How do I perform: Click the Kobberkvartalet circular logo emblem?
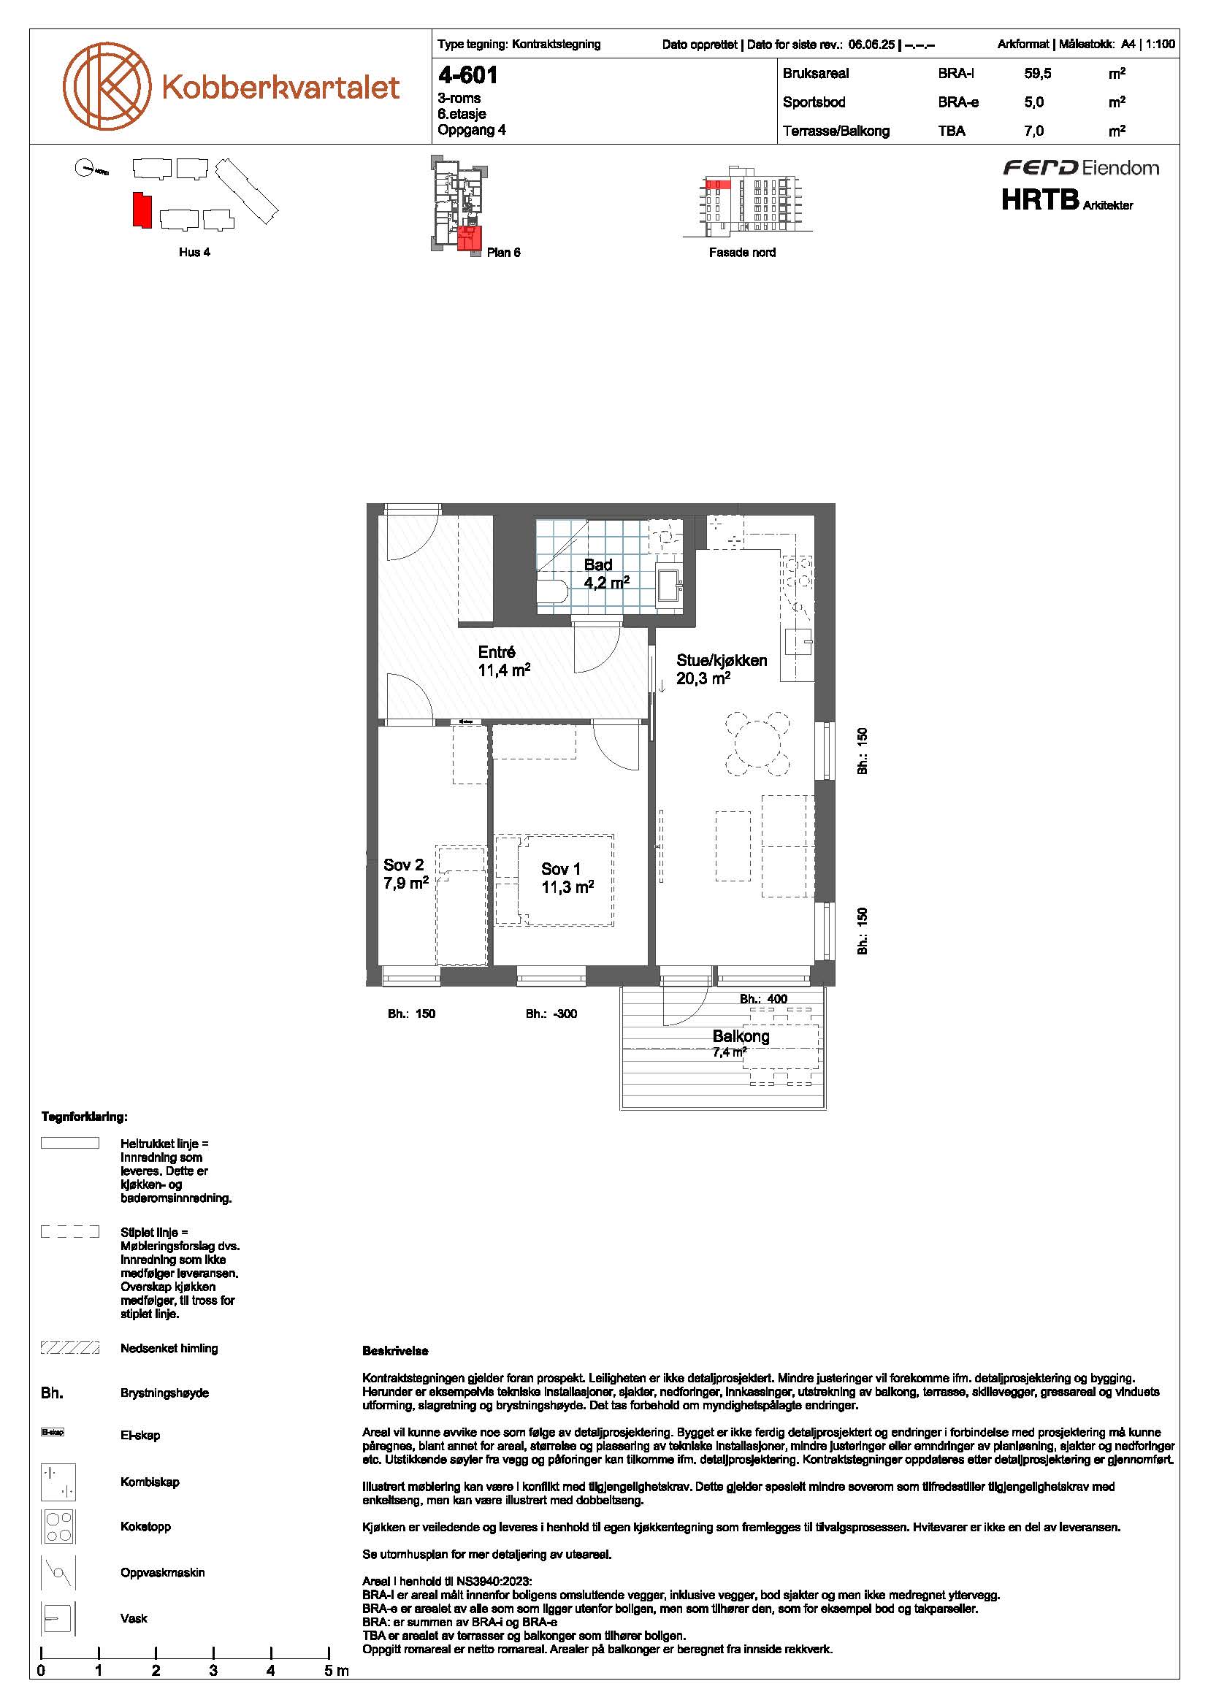coord(107,84)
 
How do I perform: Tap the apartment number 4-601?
coord(468,75)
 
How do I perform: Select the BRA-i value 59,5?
coord(1038,74)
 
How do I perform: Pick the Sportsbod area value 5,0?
coord(1033,103)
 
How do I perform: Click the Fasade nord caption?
coord(741,253)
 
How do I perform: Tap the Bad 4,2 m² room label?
coord(606,573)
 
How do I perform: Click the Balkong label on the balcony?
coord(741,1036)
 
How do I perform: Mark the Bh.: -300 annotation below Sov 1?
coord(551,1014)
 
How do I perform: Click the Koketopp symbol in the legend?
coord(58,1526)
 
